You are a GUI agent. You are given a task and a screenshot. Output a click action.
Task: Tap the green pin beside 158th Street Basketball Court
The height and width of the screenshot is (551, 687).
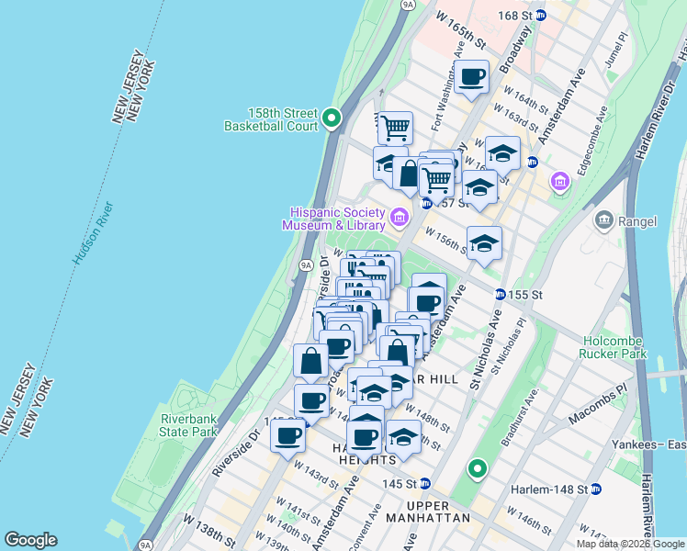(332, 118)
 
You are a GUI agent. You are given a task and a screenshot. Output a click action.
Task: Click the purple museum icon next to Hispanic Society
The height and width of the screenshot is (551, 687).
(400, 218)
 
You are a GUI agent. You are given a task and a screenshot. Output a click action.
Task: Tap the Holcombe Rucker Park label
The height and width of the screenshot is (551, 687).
(614, 346)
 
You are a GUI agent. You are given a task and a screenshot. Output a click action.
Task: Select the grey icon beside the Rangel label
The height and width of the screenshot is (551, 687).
(604, 219)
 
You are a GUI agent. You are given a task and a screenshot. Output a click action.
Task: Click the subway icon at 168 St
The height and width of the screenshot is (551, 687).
(542, 15)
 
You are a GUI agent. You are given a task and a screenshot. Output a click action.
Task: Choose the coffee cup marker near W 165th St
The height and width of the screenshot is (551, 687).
(472, 77)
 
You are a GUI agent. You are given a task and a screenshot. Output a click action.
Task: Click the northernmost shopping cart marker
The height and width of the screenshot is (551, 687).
(395, 128)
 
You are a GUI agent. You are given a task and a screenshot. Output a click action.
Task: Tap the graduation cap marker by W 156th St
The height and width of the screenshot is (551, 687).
(484, 243)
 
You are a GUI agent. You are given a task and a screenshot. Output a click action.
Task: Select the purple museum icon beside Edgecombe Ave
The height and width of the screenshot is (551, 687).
(560, 184)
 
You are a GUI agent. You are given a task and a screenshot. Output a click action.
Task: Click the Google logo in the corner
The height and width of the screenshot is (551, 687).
(30, 540)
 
